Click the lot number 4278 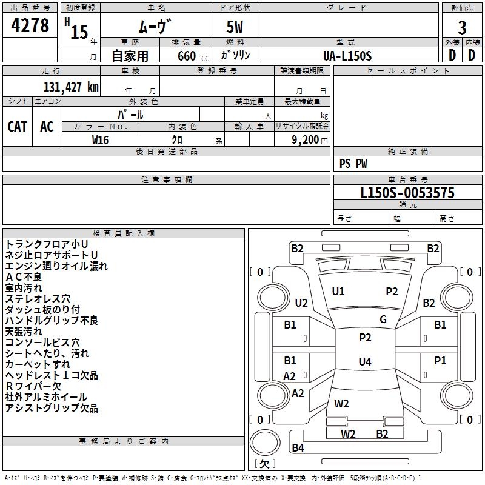(30, 25)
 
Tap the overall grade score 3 (462, 28)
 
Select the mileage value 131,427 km (71, 87)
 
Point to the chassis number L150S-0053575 (407, 192)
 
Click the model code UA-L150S (347, 56)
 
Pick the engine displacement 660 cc (193, 56)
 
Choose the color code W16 (100, 140)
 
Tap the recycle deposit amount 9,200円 (310, 140)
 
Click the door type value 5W (235, 27)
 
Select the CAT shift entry (18, 127)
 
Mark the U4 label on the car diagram (365, 361)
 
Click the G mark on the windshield (383, 319)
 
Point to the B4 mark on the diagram (298, 447)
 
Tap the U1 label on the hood (338, 291)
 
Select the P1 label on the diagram (440, 360)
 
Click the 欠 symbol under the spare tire (264, 464)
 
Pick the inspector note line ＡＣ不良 (24, 277)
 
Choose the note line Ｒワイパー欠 (33, 386)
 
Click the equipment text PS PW (353, 164)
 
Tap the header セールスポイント (407, 70)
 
